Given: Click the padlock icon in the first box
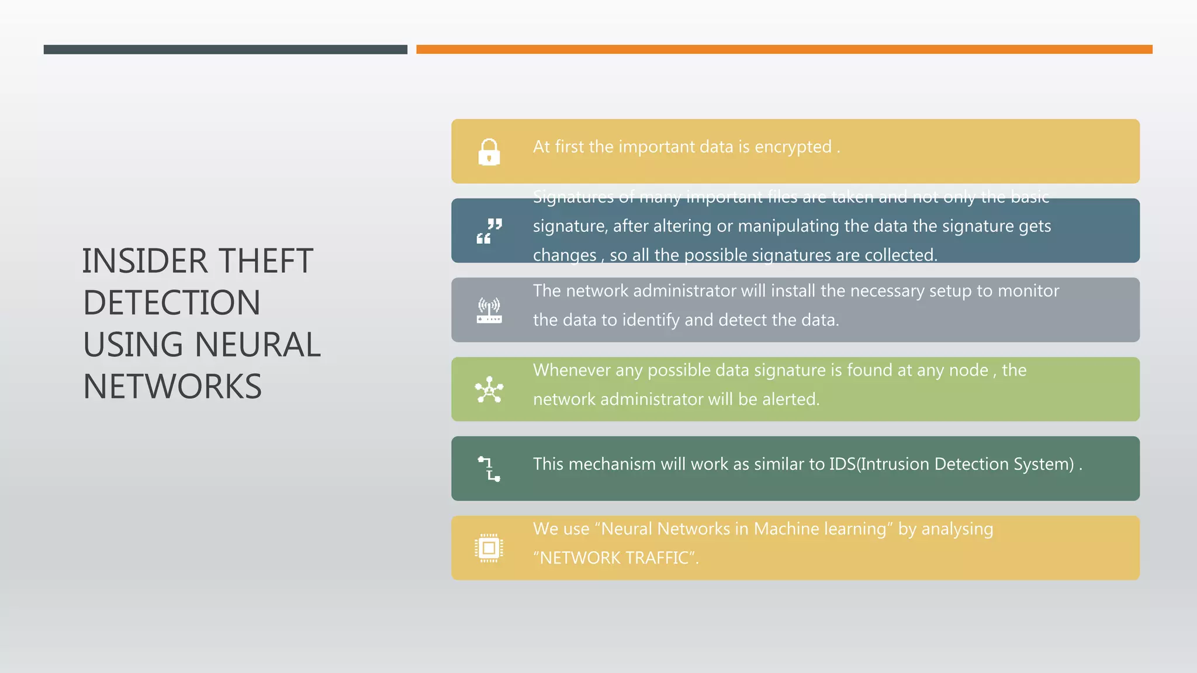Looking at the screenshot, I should (489, 152).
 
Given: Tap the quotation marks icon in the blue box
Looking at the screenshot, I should (489, 231).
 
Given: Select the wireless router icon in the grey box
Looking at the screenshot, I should (489, 310).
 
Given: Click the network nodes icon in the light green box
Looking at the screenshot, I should (489, 390).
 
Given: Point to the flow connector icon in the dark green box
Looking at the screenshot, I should (489, 469).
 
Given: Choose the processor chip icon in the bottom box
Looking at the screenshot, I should (489, 548).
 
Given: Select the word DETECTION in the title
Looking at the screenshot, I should (172, 303).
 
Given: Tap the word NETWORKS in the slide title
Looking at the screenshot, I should (172, 386).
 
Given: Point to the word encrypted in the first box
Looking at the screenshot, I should (793, 147).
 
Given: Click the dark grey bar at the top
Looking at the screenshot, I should (225, 50).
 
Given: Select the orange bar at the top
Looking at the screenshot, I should (784, 50).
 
